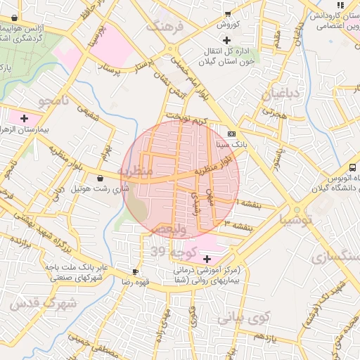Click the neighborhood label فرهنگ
(164, 27)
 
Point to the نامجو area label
(55, 101)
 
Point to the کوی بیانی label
(243, 317)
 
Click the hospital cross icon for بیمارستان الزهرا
(25, 117)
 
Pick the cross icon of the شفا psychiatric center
(206, 259)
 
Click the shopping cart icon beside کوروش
(228, 13)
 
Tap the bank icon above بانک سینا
(232, 134)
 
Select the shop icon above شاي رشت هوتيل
(103, 179)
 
